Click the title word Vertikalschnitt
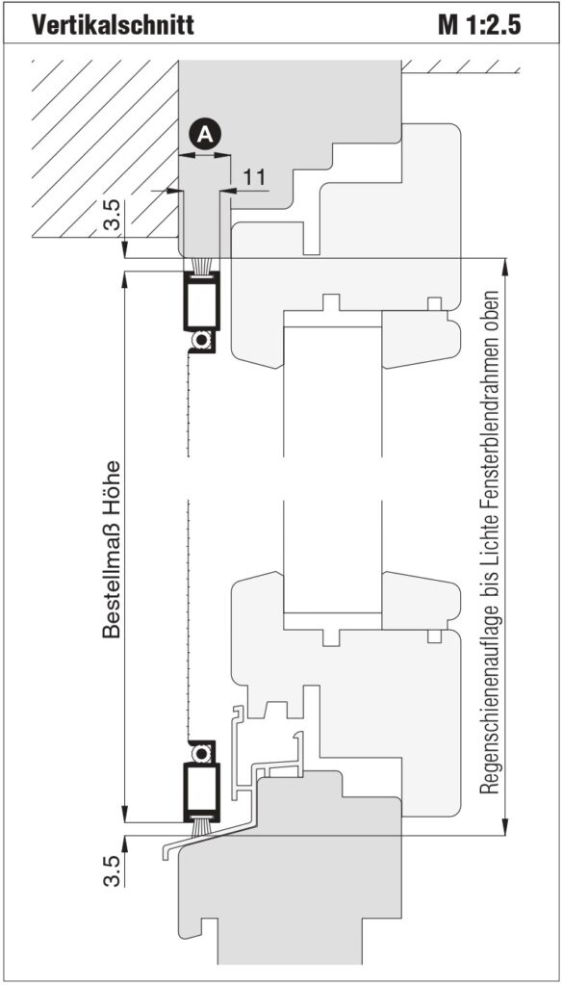tap(114, 26)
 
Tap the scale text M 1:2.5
tap(480, 26)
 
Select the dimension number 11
tap(254, 177)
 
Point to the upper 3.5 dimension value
tap(112, 218)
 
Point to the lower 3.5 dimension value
tap(112, 870)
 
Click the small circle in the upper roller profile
tap(201, 340)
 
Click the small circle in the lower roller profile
tap(201, 752)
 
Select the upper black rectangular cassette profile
tap(201, 301)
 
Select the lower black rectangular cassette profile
tap(201, 792)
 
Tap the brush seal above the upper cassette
tap(201, 265)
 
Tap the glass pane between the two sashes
tap(333, 469)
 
